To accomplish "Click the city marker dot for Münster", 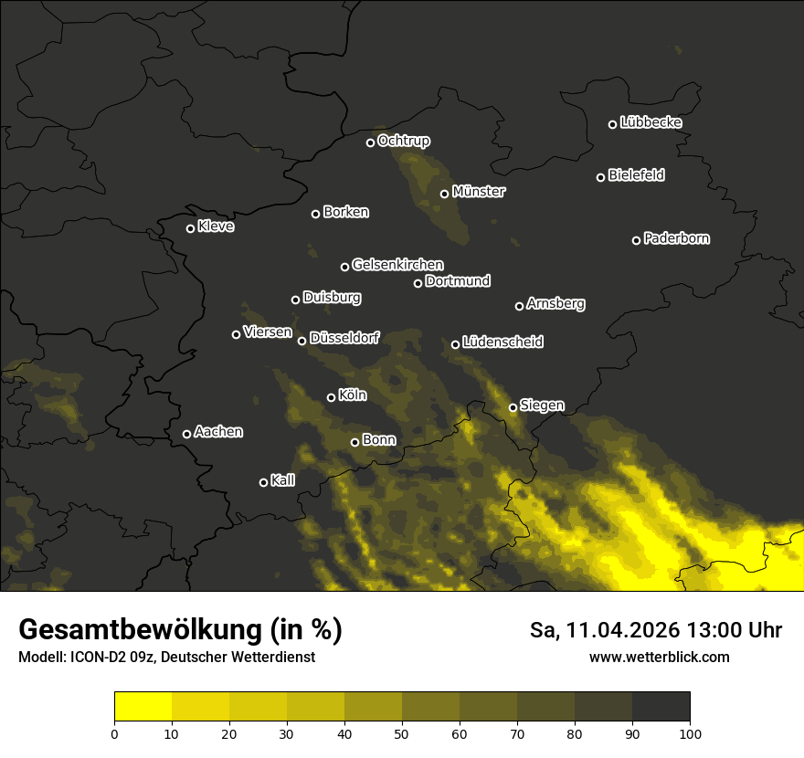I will coord(445,194).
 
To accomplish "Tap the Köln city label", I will coord(353,395).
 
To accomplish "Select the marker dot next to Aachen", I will coord(187,434).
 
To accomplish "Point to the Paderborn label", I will coord(677,238).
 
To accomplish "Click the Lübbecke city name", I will coord(651,122).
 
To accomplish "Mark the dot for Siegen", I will coord(513,407).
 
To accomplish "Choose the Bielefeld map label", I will coord(636,175).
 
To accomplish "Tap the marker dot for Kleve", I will coord(191,228).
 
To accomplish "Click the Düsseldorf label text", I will coord(344,338).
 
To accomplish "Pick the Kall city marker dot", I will coord(264,482).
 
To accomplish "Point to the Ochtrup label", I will coord(403,141).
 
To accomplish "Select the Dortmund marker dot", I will coord(418,283).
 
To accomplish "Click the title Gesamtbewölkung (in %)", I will coord(181,630).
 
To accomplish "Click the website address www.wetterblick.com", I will coord(660,657).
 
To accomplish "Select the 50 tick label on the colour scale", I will coord(402,732).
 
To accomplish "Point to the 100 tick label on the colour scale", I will coord(690,732).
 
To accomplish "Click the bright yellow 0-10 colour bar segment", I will coord(143,706).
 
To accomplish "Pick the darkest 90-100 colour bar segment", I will coord(661,706).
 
